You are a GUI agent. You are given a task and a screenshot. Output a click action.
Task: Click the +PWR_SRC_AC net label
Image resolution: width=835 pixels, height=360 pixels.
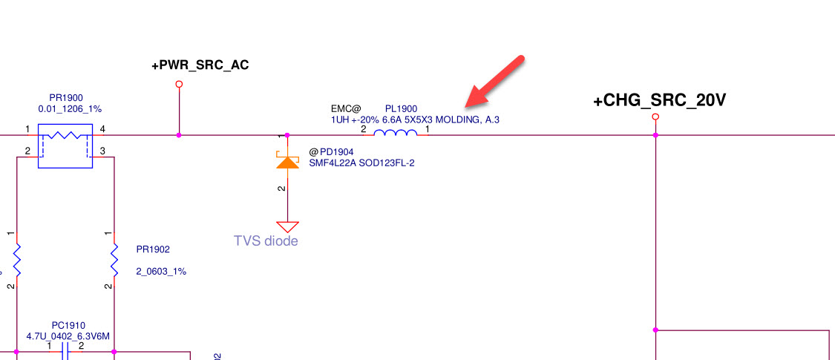200,65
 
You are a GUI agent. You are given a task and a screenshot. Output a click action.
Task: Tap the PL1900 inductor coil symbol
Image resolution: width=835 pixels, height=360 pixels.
395,134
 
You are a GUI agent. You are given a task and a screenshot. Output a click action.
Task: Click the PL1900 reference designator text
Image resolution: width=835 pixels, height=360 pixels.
402,108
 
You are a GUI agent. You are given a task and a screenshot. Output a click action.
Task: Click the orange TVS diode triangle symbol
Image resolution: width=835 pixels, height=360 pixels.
287,161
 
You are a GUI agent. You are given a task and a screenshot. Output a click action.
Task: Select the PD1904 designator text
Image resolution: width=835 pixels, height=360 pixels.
331,152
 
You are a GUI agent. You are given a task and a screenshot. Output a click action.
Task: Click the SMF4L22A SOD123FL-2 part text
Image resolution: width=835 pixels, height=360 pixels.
361,163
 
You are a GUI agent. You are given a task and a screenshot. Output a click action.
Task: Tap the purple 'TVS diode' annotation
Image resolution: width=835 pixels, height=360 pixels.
266,240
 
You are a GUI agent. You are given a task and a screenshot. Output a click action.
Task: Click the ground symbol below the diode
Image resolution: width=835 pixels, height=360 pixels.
287,226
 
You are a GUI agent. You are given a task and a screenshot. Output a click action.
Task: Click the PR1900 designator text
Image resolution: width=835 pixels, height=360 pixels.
65,97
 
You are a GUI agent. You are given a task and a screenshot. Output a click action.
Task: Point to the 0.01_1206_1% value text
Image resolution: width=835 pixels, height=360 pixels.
70,108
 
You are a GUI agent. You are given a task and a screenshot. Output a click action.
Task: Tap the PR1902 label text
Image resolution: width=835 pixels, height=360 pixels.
153,249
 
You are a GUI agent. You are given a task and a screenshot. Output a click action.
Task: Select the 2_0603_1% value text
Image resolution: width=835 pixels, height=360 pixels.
161,272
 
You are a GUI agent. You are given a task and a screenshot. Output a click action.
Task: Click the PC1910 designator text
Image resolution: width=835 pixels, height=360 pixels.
68,325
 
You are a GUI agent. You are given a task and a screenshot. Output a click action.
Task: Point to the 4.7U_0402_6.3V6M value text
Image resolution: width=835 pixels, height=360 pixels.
68,336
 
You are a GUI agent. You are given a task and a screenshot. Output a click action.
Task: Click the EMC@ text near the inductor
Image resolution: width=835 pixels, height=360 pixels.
346,108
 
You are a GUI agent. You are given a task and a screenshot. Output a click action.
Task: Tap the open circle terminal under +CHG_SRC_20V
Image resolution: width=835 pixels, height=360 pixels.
655,117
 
